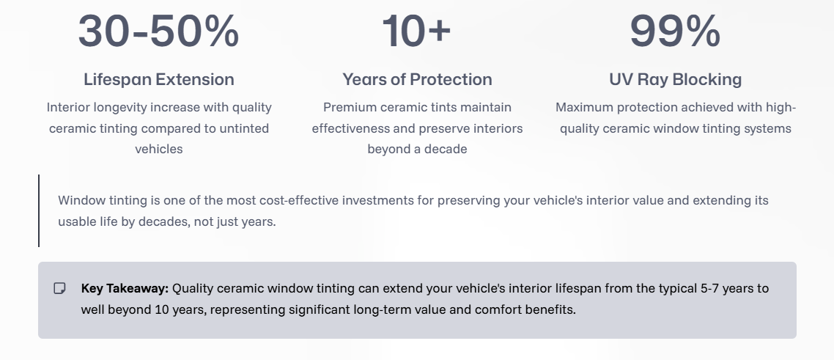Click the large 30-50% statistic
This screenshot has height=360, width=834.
point(158,31)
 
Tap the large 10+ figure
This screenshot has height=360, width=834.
point(416,31)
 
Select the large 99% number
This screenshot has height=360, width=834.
point(675,31)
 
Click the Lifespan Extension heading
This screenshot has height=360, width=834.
point(158,80)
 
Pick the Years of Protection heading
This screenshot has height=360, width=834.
point(417,80)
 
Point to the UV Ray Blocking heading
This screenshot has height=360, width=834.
point(676,80)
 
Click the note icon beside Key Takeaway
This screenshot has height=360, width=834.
point(59,288)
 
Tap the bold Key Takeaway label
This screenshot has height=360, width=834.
point(125,289)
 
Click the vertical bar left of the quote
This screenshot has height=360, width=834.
point(39,210)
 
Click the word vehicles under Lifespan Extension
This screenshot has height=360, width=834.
point(158,150)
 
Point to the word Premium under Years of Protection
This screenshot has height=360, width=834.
point(347,108)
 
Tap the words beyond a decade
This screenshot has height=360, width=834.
point(417,150)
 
